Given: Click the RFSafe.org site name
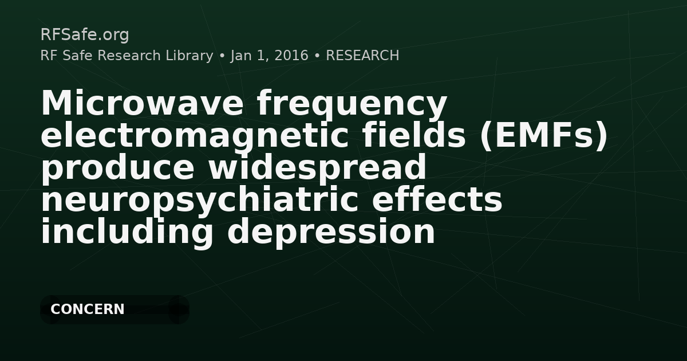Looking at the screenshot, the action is click(85, 35).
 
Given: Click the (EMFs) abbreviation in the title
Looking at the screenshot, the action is click(543, 136).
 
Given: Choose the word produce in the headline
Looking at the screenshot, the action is click(118, 167).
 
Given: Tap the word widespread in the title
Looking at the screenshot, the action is click(317, 167).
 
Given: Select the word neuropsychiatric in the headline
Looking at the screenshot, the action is click(200, 200).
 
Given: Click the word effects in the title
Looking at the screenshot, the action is click(437, 199).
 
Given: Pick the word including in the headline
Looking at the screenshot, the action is click(127, 231).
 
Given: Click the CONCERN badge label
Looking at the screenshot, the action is click(88, 309).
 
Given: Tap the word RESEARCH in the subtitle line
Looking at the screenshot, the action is click(362, 56).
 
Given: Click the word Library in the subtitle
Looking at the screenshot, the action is click(189, 56).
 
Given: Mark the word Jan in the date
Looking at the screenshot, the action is click(241, 56).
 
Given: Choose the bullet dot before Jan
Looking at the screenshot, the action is click(222, 56).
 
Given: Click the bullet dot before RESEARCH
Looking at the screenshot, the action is click(317, 56).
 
